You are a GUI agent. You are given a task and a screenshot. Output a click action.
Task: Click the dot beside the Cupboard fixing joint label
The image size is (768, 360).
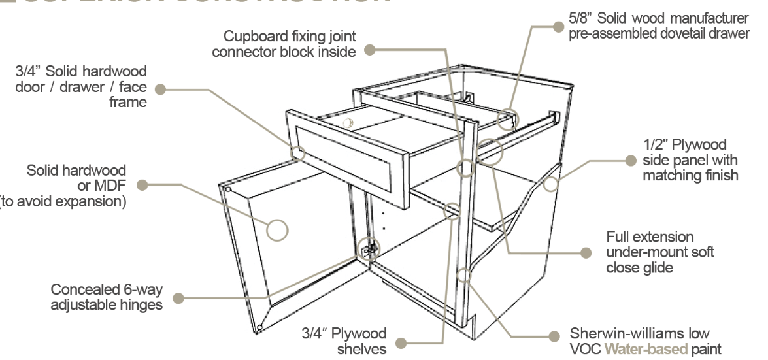tap(370, 49)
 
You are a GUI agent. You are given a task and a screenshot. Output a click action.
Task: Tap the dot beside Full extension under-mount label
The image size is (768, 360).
tap(586, 252)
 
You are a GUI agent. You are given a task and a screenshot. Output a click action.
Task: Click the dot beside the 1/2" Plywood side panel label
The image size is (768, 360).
tap(630, 160)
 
